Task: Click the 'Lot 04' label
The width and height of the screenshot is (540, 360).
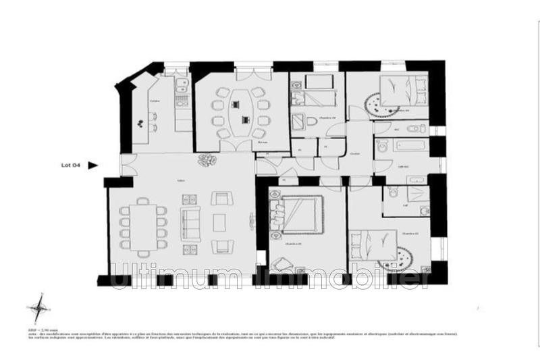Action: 71,164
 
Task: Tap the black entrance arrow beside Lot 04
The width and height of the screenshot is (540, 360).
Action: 93,164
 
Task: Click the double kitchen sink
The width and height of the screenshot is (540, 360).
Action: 180,86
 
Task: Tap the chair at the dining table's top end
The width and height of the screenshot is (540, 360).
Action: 143,201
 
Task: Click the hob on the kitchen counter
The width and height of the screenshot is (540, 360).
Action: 180,101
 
